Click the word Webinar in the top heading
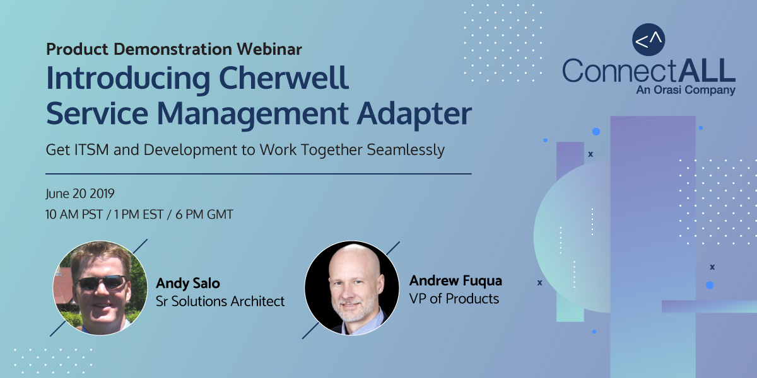pos(269,49)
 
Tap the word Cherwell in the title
pos(283,78)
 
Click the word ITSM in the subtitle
pos(91,150)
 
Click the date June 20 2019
pos(80,194)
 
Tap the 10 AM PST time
pos(74,215)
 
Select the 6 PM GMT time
pos(204,215)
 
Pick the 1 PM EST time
pos(139,215)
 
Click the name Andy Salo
pos(188,283)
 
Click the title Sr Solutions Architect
pos(220,301)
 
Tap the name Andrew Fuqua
pos(455,281)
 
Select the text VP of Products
pos(454,299)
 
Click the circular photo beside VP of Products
pos(352,288)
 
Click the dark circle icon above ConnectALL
pos(648,40)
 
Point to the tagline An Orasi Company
pos(686,90)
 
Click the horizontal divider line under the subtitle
pos(259,174)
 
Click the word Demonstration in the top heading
pos(173,49)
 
